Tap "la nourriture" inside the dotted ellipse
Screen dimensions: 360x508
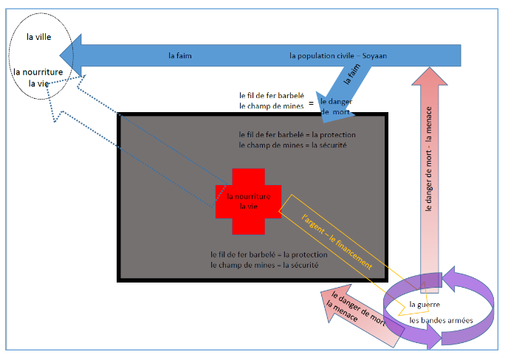tap(38, 72)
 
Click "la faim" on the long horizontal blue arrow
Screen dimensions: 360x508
tap(180, 55)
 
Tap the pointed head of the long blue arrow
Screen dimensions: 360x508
tap(70, 55)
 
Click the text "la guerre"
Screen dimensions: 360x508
tap(425, 303)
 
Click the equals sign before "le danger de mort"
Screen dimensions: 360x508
tap(312, 102)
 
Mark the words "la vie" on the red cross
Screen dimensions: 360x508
tap(247, 207)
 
